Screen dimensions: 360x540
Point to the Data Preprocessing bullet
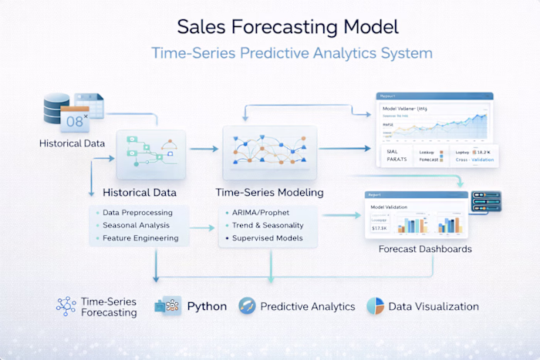click(x=137, y=212)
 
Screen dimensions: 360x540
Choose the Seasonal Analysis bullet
click(x=135, y=225)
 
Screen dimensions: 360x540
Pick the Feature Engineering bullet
click(x=140, y=238)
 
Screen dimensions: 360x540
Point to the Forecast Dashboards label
click(x=425, y=249)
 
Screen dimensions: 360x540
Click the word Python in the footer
click(x=207, y=306)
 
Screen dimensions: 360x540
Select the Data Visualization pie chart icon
click(x=375, y=306)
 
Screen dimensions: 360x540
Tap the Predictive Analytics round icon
click(x=247, y=306)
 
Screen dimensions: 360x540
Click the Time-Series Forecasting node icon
click(x=66, y=306)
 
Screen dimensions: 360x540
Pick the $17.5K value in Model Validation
click(x=379, y=228)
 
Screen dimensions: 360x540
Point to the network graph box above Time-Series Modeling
click(x=269, y=147)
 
